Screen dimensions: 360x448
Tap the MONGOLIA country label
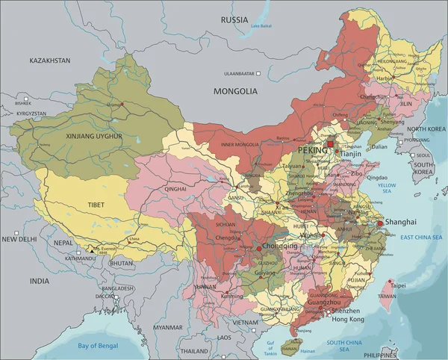point(235,92)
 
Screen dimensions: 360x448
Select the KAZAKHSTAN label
point(49,60)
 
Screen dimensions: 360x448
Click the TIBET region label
point(96,204)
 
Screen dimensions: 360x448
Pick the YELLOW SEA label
point(388,187)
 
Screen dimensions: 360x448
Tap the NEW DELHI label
point(18,239)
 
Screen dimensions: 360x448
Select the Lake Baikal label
point(261,26)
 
